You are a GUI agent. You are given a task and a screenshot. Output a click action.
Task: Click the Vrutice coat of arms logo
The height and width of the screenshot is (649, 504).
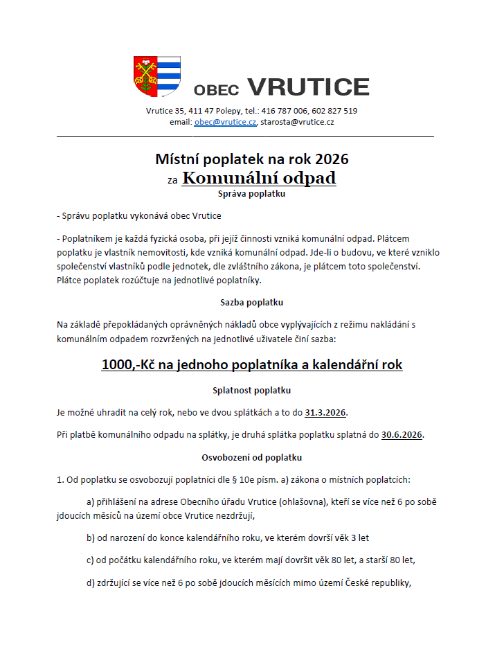[157, 76]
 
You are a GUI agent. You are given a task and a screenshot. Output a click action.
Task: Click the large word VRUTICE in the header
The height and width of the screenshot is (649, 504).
[308, 87]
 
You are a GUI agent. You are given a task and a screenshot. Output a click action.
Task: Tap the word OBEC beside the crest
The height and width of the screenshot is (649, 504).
[216, 89]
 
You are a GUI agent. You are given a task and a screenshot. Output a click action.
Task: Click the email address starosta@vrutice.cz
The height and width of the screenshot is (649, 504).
[297, 122]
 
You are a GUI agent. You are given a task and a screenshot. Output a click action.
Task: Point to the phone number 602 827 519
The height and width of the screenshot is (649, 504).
[334, 111]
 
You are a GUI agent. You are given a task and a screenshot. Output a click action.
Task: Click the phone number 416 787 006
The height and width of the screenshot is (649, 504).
[285, 111]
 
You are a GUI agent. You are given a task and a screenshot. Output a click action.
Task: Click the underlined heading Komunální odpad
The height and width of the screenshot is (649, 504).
[259, 178]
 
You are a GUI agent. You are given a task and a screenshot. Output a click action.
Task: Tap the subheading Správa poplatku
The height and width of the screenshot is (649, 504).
[251, 194]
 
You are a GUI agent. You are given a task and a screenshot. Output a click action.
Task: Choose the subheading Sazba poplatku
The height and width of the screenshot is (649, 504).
[251, 302]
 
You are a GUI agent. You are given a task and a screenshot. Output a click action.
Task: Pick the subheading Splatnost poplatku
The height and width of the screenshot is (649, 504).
[251, 390]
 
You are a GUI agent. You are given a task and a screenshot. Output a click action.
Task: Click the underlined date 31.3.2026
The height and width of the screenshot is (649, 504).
[325, 413]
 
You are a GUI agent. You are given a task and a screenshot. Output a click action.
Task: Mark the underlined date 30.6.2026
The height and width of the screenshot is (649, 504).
[402, 435]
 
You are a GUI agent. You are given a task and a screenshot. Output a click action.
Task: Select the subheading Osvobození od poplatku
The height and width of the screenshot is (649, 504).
[251, 457]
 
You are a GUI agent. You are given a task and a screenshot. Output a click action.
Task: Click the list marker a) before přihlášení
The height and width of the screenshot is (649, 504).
[91, 501]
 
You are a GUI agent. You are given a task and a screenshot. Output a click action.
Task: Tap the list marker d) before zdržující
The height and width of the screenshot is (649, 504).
[91, 583]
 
